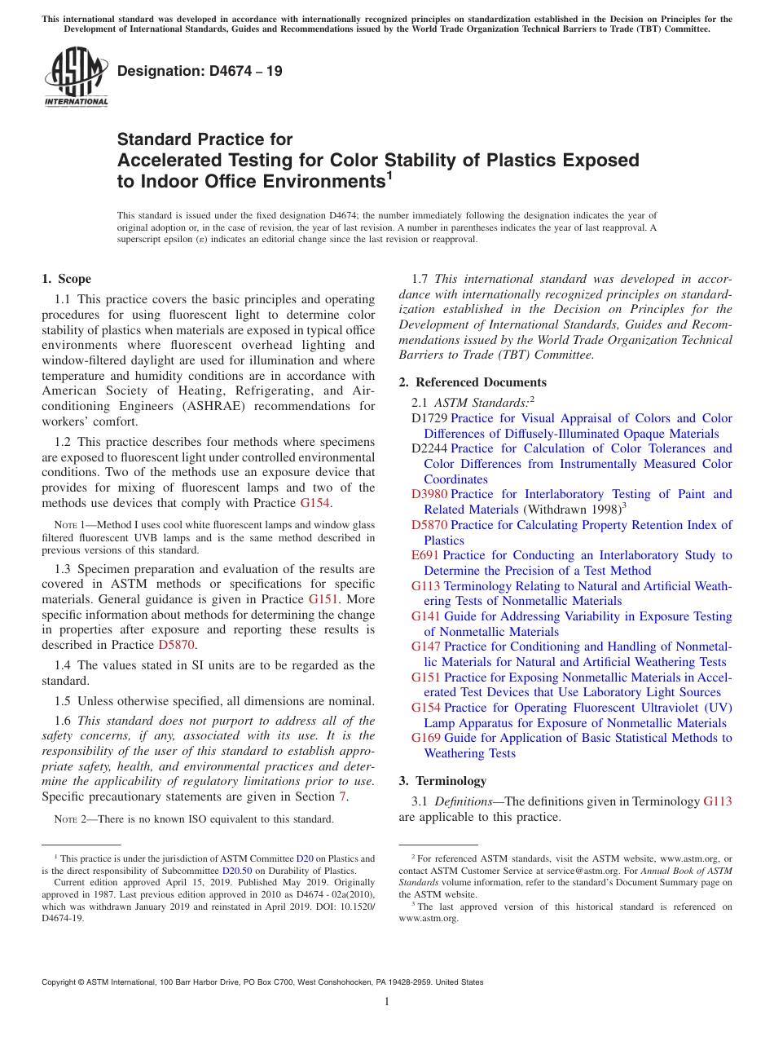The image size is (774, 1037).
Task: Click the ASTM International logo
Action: (x=75, y=77)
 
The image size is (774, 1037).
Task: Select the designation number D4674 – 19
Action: (x=200, y=71)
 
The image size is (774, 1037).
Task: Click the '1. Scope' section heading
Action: (x=67, y=279)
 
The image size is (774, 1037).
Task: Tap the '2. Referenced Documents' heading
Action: (x=473, y=382)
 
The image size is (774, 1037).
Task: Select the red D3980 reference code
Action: (x=429, y=494)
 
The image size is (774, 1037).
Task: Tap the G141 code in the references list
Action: (x=426, y=616)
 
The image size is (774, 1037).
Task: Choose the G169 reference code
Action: (x=426, y=738)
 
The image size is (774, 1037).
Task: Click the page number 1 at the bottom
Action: (x=387, y=1002)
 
